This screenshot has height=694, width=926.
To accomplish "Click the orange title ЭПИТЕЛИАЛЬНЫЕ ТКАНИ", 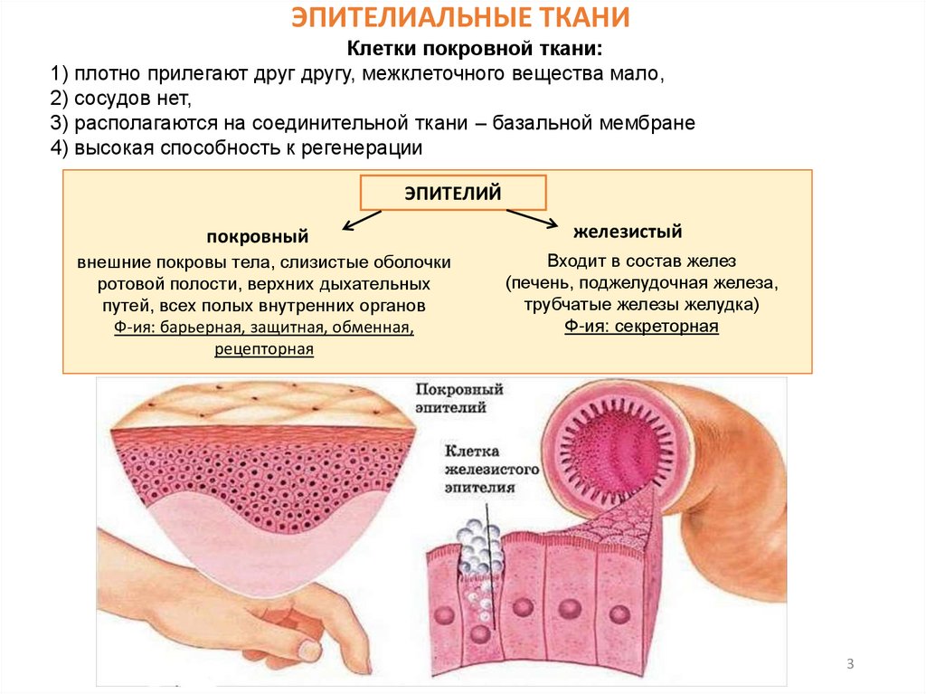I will tap(461, 18).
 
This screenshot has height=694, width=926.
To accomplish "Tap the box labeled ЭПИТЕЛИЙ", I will tap(453, 193).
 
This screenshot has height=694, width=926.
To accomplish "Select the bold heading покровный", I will tap(258, 236).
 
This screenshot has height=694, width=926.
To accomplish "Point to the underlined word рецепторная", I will tap(264, 348).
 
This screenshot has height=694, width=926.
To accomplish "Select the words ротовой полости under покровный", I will tap(150, 284).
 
